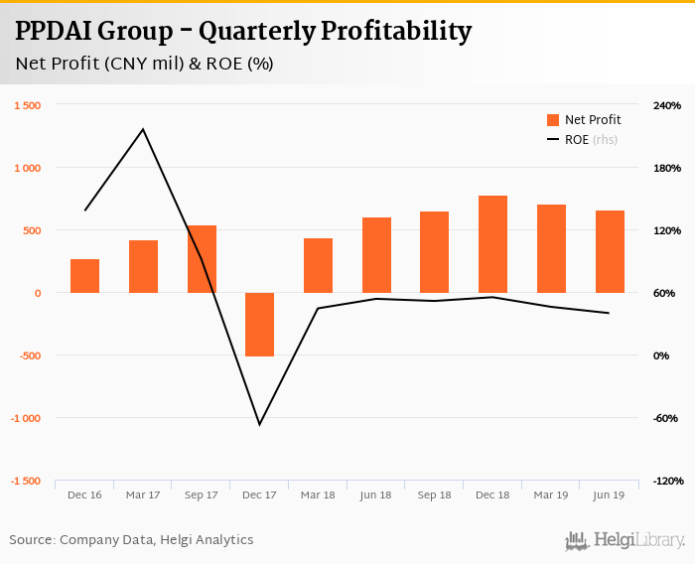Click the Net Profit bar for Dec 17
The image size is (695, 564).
tap(260, 325)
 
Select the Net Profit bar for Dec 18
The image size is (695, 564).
tap(493, 244)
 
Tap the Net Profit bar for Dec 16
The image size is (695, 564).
tap(85, 276)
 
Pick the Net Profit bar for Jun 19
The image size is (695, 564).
tap(610, 252)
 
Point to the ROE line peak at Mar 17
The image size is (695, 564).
tap(143, 129)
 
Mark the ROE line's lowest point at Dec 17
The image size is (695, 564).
tap(260, 425)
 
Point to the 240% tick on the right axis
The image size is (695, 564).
tap(666, 105)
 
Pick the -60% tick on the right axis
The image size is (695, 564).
tap(666, 418)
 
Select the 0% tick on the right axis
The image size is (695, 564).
tap(661, 355)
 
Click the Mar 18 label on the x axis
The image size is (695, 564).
tap(318, 494)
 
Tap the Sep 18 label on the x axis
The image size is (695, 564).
tap(435, 494)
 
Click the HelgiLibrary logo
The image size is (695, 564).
tap(625, 540)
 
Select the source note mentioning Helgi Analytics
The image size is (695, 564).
tap(132, 540)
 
